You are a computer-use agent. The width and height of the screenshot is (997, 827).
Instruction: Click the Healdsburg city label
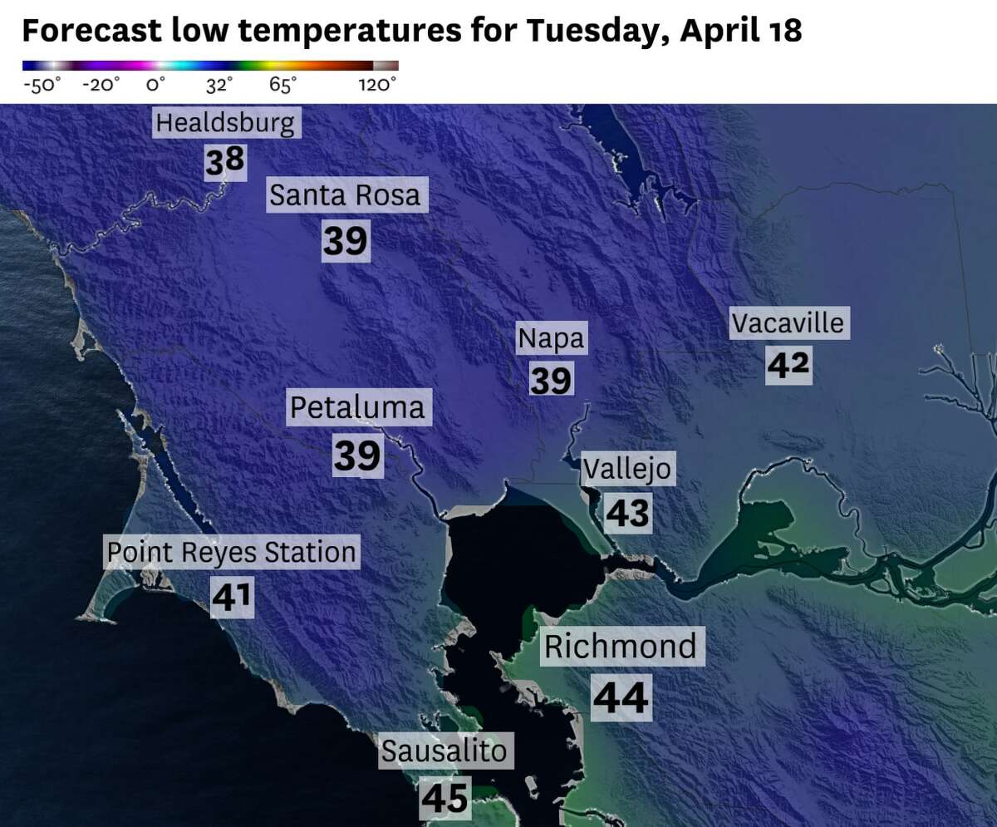pyautogui.click(x=225, y=124)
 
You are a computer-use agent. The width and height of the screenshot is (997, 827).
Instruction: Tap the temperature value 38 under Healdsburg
pyautogui.click(x=225, y=162)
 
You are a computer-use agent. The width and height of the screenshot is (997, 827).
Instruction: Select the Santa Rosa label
pyautogui.click(x=345, y=196)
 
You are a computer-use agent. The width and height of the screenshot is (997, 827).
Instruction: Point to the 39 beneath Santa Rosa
pyautogui.click(x=345, y=241)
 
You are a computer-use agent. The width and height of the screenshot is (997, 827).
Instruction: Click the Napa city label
pyautogui.click(x=551, y=338)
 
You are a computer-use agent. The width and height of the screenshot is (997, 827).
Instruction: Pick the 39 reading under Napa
pyautogui.click(x=551, y=381)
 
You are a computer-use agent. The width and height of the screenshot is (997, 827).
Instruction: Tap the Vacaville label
pyautogui.click(x=788, y=322)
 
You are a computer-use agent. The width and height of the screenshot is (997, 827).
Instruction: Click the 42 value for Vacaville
pyautogui.click(x=788, y=365)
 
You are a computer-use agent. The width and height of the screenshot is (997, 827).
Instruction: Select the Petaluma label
pyautogui.click(x=357, y=408)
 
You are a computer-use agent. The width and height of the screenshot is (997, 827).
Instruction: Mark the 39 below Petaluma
pyautogui.click(x=357, y=455)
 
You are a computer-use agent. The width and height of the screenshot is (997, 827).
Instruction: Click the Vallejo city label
pyautogui.click(x=626, y=469)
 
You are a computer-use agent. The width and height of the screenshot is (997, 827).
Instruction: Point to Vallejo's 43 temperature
pyautogui.click(x=627, y=512)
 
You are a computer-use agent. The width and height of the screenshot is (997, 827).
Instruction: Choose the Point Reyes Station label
pyautogui.click(x=232, y=552)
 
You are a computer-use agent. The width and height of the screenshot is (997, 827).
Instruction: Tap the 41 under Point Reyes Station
pyautogui.click(x=231, y=597)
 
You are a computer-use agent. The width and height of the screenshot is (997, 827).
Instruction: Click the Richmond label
pyautogui.click(x=620, y=647)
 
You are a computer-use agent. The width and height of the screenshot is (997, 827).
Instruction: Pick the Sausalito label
pyautogui.click(x=444, y=751)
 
